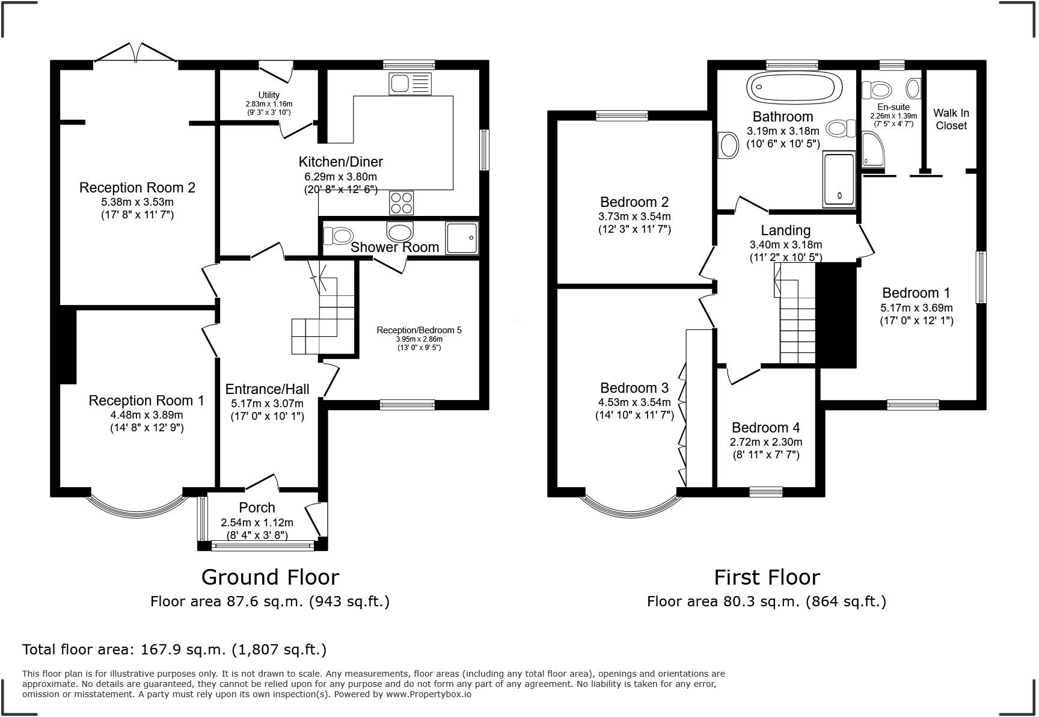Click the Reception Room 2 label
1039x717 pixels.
coord(137,188)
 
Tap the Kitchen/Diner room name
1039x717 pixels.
coord(340,162)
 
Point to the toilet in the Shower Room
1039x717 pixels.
coord(339,235)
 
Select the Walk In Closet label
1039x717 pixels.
coord(951,119)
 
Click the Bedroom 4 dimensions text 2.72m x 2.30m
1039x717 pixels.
coord(766,442)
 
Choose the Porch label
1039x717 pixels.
coord(257,508)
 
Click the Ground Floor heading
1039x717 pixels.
coord(270,577)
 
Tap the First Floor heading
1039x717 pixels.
coord(767,577)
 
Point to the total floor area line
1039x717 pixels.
coord(174,650)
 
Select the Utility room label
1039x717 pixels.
coord(269,95)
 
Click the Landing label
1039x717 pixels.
coord(785,230)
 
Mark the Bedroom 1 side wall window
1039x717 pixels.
coord(981,277)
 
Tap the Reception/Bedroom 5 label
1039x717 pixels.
coord(419,330)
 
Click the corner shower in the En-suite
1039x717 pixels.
coord(874,149)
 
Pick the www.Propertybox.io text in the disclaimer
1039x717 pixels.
coord(428,694)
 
